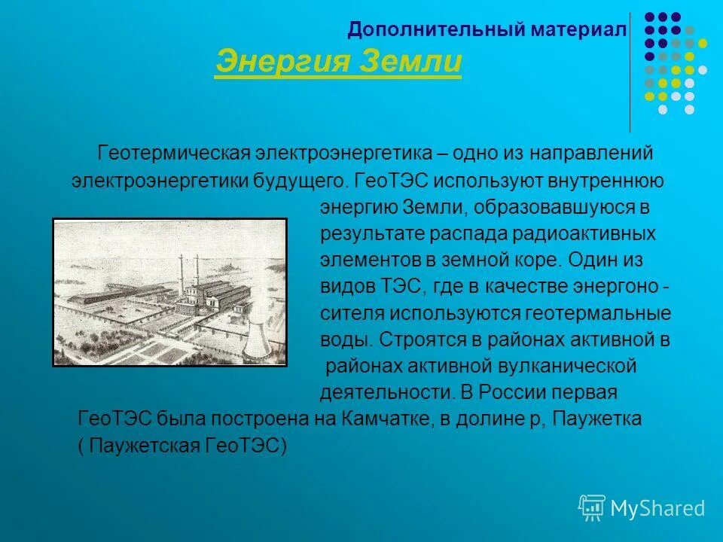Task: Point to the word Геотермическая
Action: pos(172,153)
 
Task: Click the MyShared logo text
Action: pos(657,508)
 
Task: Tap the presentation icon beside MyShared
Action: pos(592,507)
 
